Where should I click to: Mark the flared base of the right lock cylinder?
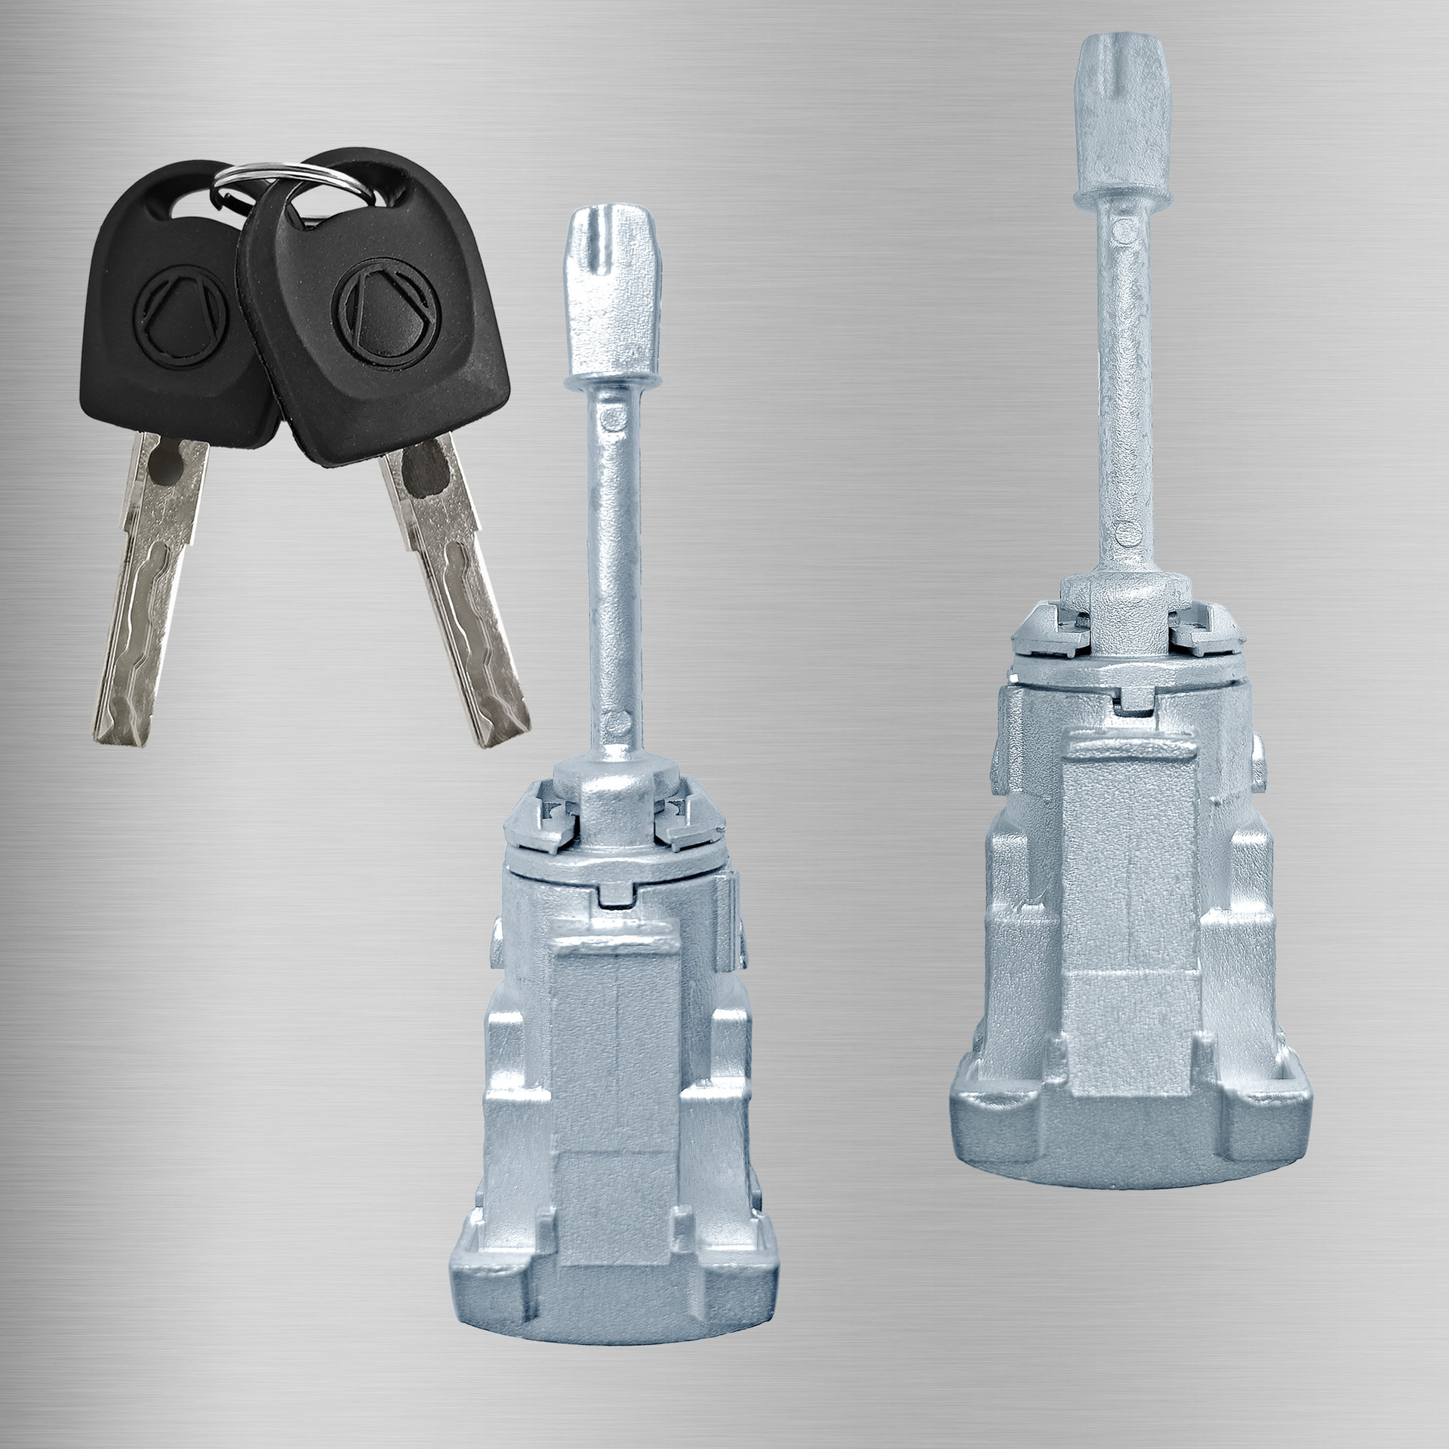click(x=1132, y=1117)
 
